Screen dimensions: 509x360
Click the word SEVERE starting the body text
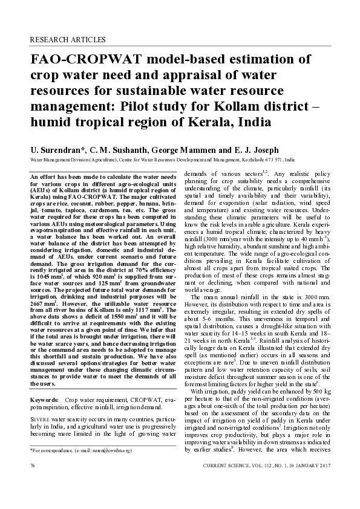(41, 418)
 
